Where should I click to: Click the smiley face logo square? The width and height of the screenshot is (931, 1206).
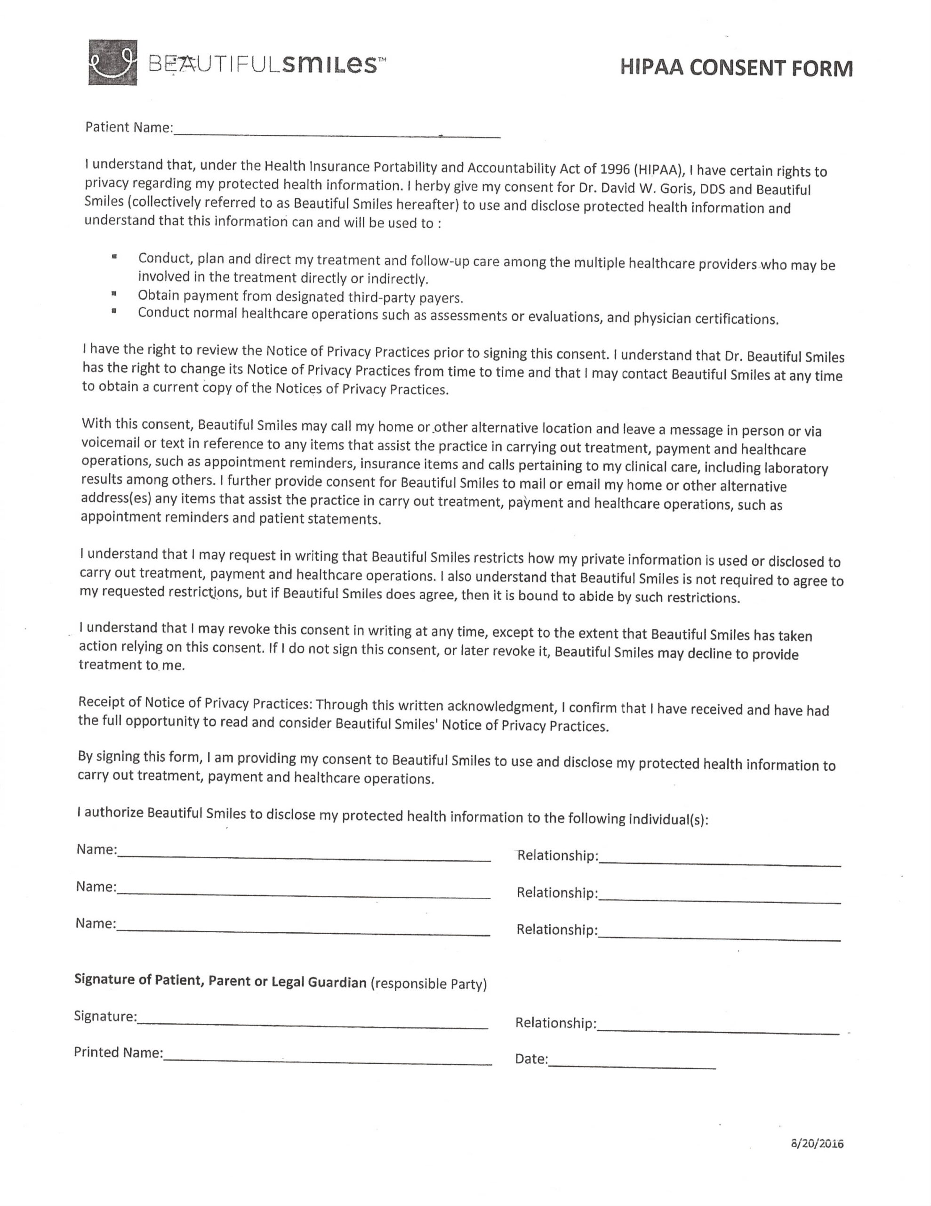[112, 62]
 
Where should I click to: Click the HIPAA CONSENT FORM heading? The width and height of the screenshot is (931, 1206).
[736, 68]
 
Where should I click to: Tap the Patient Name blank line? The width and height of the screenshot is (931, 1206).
[337, 134]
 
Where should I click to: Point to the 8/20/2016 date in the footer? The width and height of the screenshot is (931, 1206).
[817, 1144]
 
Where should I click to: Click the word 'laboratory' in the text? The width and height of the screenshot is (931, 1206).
[795, 468]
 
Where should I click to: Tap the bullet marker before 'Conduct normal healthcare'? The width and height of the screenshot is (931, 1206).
[114, 311]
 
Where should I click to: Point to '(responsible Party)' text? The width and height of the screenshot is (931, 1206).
[429, 984]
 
